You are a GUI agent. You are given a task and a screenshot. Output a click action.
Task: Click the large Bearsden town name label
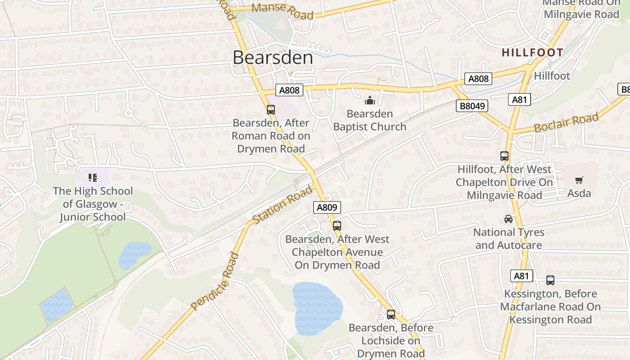click(x=273, y=58)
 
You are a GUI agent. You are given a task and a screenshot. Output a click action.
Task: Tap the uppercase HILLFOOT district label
click(x=532, y=53)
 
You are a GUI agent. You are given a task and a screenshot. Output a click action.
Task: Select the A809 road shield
click(x=327, y=207)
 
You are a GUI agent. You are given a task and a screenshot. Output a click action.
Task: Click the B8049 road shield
click(x=472, y=106)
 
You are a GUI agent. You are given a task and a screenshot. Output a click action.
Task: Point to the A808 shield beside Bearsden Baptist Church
click(x=289, y=90)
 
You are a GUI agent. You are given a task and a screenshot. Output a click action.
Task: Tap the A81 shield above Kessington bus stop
click(x=521, y=276)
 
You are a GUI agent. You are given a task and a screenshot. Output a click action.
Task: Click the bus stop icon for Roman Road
click(x=271, y=109)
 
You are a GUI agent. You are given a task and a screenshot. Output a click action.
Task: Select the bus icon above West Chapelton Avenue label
click(x=337, y=225)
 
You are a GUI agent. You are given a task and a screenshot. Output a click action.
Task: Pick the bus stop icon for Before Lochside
click(x=391, y=314)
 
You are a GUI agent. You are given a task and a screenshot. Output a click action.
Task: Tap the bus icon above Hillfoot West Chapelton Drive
click(x=504, y=156)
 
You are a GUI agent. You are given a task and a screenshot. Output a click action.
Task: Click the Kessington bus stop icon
click(x=550, y=280)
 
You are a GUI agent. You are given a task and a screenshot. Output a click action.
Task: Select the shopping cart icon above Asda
click(x=579, y=180)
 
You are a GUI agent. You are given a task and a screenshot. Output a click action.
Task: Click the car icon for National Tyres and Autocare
click(x=508, y=219)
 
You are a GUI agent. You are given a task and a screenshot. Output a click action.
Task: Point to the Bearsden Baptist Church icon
click(x=370, y=100)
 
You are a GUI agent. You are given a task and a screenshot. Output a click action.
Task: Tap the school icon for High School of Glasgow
click(x=93, y=177)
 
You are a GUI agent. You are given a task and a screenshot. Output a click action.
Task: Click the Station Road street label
click(x=282, y=205)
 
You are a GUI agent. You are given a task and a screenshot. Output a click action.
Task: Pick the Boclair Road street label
click(x=566, y=122)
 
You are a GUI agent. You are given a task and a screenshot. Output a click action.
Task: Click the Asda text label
click(x=579, y=193)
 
